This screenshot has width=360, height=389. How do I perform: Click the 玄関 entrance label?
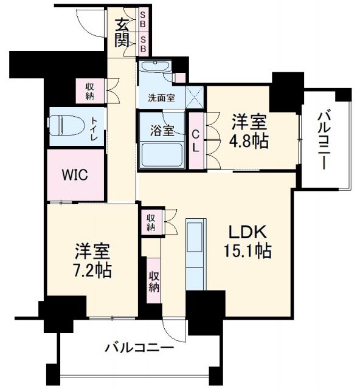click(122, 33)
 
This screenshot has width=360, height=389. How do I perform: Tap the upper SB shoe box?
click(143, 20)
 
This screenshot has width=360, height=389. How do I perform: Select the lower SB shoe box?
click(143, 44)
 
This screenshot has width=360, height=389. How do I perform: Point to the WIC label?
click(75, 174)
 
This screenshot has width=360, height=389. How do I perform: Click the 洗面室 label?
click(161, 98)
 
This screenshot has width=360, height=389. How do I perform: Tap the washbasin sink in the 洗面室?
click(156, 66)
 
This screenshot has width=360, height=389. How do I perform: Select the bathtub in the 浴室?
click(162, 154)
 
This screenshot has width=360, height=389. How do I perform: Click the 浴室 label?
click(162, 131)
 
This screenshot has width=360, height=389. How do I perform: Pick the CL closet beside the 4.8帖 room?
click(196, 140)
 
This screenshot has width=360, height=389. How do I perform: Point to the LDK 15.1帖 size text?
click(247, 251)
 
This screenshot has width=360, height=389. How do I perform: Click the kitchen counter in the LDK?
click(196, 254)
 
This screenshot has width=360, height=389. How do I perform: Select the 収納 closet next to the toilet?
click(90, 91)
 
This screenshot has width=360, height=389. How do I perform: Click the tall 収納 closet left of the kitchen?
click(154, 281)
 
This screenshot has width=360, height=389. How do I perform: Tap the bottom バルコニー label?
click(139, 348)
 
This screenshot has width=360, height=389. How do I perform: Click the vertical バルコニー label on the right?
click(324, 140)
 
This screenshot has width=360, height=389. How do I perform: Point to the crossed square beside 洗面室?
click(195, 97)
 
